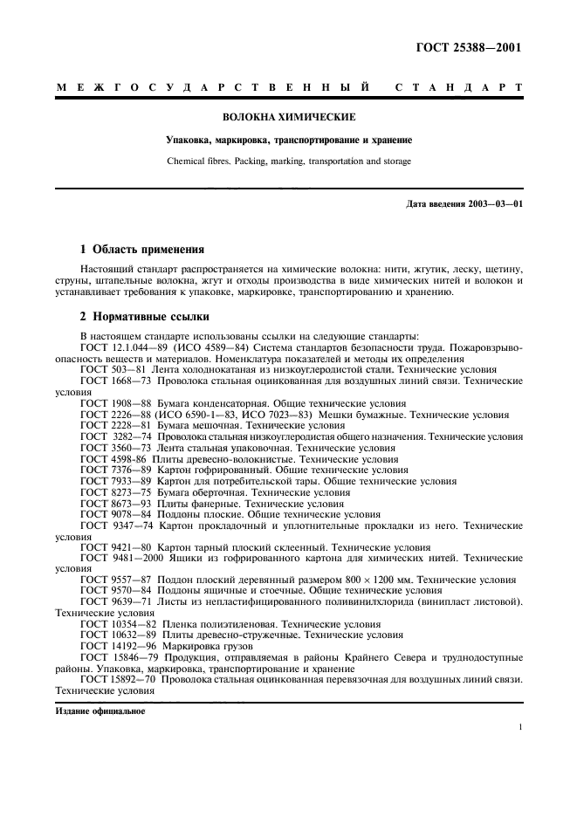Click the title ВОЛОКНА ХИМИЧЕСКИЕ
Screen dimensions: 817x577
point(288,116)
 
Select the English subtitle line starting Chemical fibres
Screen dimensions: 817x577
point(288,161)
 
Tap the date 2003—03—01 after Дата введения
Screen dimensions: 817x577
point(493,204)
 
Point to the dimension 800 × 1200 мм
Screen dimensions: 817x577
point(377,579)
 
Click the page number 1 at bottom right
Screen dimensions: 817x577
point(519,726)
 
